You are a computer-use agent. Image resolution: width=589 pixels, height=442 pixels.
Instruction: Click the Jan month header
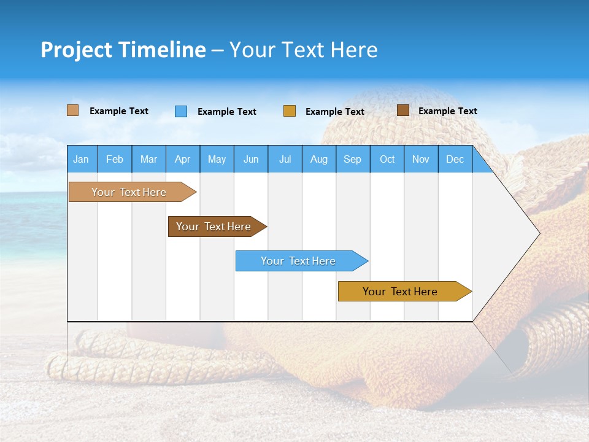[x=81, y=159]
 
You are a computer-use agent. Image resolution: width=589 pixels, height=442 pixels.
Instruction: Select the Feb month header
[x=115, y=159]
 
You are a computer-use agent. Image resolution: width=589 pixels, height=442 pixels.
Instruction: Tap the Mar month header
[x=148, y=159]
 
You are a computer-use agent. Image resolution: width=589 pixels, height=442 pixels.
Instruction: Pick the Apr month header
[x=183, y=159]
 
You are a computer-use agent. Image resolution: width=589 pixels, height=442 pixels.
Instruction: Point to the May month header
[x=217, y=159]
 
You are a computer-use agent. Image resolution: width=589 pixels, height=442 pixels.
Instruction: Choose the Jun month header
[x=251, y=159]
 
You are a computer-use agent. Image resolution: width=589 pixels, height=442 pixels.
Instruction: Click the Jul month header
[x=285, y=159]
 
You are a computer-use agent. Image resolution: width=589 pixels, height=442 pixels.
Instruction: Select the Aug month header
[x=319, y=159]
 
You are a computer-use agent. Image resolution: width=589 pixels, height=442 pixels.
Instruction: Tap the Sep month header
[x=353, y=159]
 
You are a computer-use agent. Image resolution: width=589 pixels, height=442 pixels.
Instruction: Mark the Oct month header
[x=387, y=159]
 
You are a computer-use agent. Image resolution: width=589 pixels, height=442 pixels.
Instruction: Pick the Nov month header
[x=421, y=159]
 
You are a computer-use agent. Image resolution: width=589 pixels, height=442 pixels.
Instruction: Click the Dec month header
[x=455, y=159]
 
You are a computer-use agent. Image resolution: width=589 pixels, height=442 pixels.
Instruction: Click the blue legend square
[x=181, y=111]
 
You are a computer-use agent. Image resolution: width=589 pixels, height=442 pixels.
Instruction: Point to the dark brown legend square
[x=403, y=110]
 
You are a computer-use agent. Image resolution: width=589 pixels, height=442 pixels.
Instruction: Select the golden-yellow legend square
[x=290, y=111]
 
